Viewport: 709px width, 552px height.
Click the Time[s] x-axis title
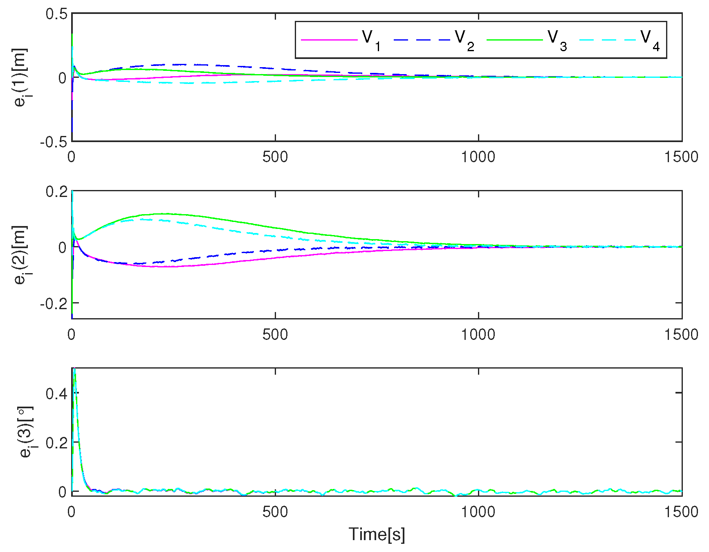coord(377,534)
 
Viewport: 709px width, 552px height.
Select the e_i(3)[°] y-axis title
coord(26,432)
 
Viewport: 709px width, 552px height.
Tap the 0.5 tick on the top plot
coord(56,14)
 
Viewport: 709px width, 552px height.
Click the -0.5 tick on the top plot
coord(53,142)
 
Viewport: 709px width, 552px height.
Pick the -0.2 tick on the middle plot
coord(53,303)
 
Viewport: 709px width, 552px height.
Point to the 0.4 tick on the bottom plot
coord(56,394)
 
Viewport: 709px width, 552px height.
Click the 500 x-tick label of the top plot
coord(275,157)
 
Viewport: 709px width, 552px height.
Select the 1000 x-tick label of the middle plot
coord(478,335)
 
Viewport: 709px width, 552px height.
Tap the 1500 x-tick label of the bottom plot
coord(681,512)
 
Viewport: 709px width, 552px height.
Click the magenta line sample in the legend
coord(329,40)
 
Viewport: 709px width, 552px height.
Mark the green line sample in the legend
coord(514,40)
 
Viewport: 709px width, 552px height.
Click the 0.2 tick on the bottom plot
coord(56,443)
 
